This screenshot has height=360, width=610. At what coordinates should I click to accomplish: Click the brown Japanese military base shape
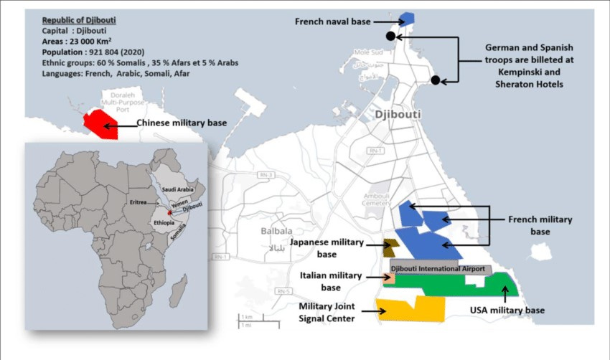(390, 248)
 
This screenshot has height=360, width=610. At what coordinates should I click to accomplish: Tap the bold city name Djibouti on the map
(397, 114)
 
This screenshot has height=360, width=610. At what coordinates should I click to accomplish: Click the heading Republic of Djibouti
(79, 20)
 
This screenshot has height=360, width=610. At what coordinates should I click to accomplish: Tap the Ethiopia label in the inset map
(164, 223)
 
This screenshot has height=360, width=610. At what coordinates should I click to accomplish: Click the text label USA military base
(507, 311)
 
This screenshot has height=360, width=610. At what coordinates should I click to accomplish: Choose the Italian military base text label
(331, 281)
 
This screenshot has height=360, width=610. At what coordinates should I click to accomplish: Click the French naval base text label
(332, 22)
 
